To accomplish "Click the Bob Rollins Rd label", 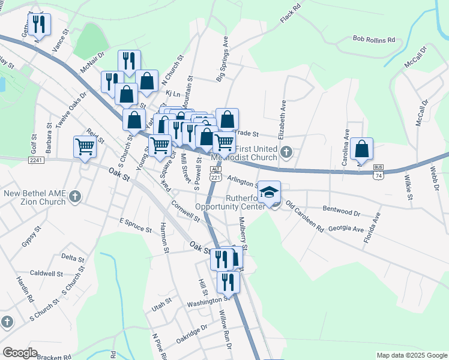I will coord(374,40).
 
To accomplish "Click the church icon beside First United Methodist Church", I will coord(286,151).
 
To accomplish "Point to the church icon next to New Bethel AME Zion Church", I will coord(75,196).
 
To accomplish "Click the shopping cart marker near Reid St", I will coord(85,146).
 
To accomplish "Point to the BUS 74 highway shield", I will coord(378,170).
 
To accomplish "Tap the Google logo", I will coord(20,353).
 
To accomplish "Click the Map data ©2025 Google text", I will coord(411,355).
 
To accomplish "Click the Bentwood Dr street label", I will coord(341,212).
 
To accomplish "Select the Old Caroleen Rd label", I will coord(305,217).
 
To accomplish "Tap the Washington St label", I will coord(208,301).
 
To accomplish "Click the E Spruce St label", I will coord(135,224).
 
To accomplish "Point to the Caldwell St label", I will coord(47,274).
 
